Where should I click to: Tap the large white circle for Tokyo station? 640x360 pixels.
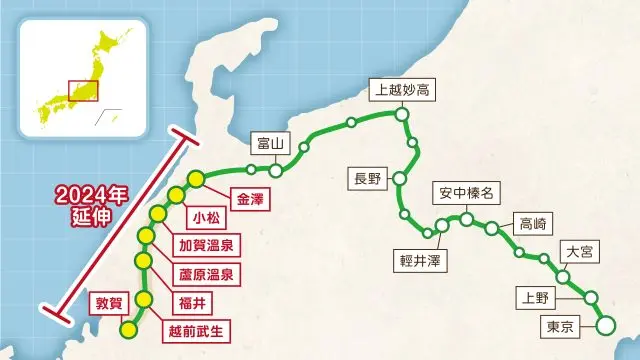(605, 325)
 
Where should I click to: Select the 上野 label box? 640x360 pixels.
(531, 297)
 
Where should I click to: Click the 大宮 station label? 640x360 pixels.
(579, 251)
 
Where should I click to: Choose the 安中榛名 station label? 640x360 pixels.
(465, 192)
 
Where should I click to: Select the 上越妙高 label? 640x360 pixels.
(401, 90)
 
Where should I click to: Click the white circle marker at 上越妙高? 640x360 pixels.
(402, 116)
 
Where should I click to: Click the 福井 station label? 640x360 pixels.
(201, 299)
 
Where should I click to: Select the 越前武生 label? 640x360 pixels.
(200, 327)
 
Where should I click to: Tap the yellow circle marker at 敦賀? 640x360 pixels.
(127, 329)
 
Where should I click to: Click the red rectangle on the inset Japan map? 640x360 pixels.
(80, 90)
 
